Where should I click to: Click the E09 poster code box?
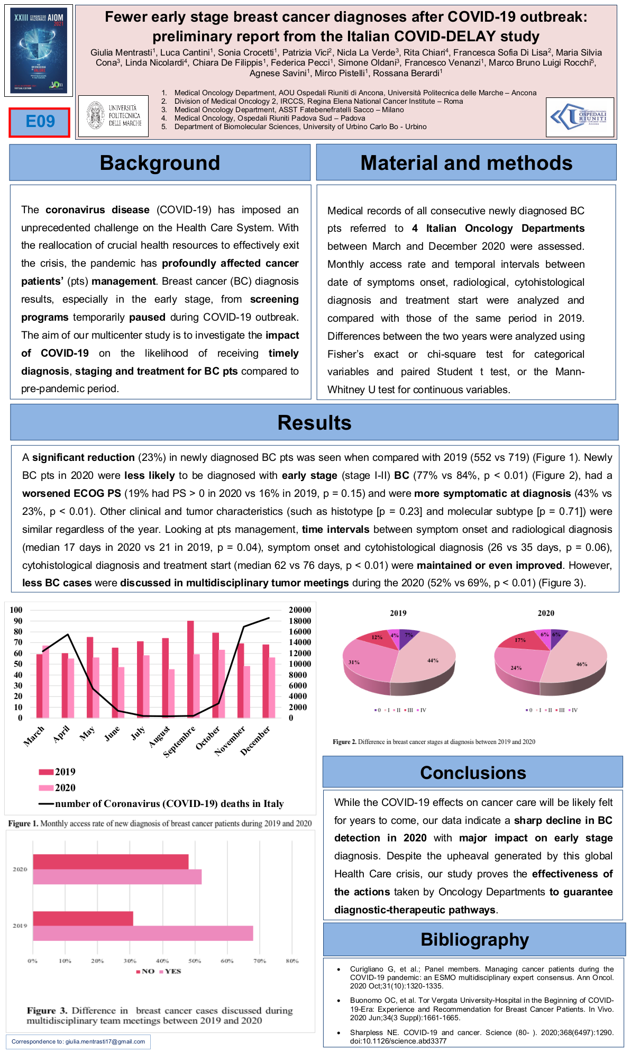coord(40,122)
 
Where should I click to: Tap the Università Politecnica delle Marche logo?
coord(113,116)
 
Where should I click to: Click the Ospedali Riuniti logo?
coord(580,117)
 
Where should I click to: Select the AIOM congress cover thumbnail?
coord(39,51)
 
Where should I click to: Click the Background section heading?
coord(160,163)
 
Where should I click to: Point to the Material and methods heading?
coord(466,163)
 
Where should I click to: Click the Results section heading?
coord(314,423)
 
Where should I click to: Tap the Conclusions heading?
coord(473,773)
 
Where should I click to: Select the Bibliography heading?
coord(474,940)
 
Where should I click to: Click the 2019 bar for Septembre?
coord(190,669)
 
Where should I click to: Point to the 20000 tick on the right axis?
coord(300,610)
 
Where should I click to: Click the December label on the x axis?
coord(255,740)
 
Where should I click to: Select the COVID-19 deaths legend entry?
coord(169,804)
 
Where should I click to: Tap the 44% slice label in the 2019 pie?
coord(433,660)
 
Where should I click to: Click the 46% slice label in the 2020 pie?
coord(581,664)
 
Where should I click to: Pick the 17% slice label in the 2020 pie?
coord(520,640)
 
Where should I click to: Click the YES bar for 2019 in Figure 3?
coord(143,933)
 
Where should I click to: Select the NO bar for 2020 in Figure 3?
coord(111,861)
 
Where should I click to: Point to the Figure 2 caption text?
coord(434,742)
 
